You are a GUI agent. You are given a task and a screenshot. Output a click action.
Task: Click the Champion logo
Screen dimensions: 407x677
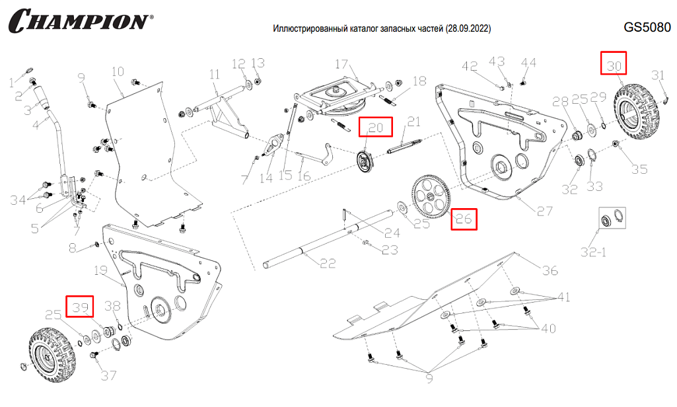coord(78,20)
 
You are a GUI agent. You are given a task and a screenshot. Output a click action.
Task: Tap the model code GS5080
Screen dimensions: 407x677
coord(647,28)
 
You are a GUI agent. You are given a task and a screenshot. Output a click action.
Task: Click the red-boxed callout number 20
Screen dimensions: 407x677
coord(376,128)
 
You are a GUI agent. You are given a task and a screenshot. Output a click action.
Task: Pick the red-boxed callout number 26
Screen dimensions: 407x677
coord(464,219)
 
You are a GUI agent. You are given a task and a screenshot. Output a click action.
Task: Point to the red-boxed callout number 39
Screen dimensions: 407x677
coord(80,307)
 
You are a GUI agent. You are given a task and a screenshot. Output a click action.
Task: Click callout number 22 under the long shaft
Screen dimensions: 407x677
coord(328,263)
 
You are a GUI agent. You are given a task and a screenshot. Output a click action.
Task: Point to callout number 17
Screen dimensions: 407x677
coord(341,64)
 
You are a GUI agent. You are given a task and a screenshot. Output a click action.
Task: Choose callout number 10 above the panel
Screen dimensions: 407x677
coord(118,71)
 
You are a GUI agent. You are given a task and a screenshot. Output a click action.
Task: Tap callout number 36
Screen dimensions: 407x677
coord(550,270)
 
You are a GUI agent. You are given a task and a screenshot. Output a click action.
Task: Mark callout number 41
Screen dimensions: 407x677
coord(563,297)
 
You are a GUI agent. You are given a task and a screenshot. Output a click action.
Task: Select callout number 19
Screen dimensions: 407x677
coord(101,270)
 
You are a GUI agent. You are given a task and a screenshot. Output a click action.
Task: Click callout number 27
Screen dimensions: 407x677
coord(544,211)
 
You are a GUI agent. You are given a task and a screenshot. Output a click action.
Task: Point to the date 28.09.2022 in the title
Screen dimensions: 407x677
coord(468,30)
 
